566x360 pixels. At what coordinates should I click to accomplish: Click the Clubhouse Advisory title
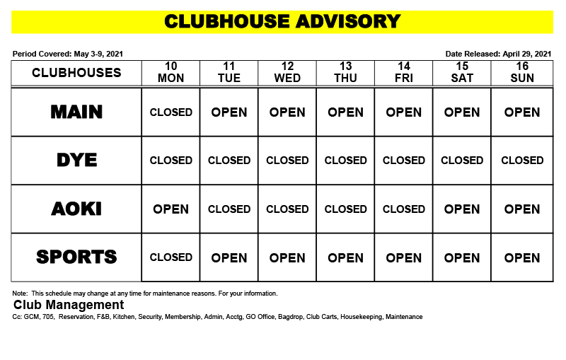coord(282,21)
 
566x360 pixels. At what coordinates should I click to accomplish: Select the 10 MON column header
coord(171,72)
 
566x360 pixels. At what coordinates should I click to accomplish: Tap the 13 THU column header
coord(345,72)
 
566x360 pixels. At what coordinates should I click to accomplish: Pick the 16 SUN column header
coord(522,72)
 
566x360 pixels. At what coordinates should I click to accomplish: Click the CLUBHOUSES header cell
coord(76,73)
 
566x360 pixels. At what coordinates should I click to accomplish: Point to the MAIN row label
coord(76,112)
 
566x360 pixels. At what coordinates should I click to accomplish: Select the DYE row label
coord(76,161)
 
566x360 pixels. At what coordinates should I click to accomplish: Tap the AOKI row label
coord(76,209)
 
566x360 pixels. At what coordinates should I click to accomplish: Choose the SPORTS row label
coord(76,257)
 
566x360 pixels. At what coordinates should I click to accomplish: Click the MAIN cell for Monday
coord(171,112)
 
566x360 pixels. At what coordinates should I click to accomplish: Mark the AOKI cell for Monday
coord(171,209)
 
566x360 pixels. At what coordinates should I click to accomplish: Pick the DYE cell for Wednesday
coord(287,161)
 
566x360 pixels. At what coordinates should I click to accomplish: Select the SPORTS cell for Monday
coord(171,257)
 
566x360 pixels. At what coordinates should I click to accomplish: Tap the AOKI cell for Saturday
coord(462,209)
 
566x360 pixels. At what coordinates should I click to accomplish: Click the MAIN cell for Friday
coord(404,112)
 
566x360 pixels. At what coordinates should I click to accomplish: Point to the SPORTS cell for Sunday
coord(522,257)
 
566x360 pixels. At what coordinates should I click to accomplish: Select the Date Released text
coord(498,54)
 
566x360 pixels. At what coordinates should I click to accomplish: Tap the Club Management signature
coord(69,305)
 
